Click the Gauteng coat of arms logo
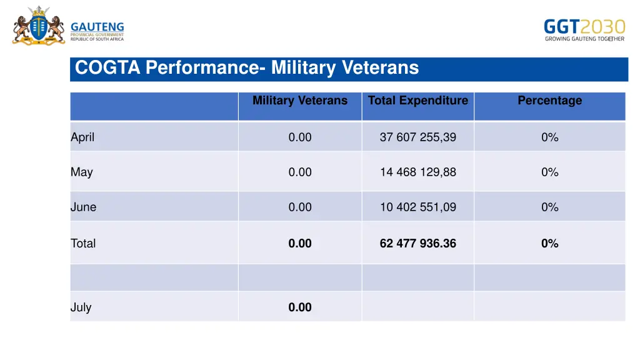38,26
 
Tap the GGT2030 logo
584,29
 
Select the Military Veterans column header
300,101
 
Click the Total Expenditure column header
417,101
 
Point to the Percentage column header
549,101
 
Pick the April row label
82,137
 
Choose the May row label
81,172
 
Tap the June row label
83,207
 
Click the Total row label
83,244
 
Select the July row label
81,307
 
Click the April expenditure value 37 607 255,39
417,137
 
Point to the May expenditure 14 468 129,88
417,172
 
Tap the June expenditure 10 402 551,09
417,207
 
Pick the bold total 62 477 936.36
417,244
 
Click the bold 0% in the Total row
549,244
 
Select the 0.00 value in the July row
300,307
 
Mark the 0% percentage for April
549,137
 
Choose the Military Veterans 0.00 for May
300,172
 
